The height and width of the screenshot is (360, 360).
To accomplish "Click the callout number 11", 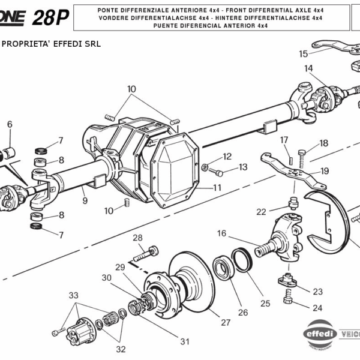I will (217, 187).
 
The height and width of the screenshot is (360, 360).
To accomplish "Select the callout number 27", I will (225, 322).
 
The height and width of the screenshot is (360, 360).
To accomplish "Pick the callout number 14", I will (308, 68).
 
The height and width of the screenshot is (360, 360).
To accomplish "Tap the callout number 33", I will (73, 295).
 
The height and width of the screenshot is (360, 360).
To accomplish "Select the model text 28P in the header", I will (50, 18).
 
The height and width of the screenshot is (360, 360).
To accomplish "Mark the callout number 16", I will (221, 233).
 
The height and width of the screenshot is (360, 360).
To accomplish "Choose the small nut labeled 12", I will (205, 167).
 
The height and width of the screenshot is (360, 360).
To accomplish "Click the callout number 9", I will (85, 201).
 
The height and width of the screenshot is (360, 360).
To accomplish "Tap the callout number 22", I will (261, 211).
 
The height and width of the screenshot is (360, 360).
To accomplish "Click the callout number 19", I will (325, 170).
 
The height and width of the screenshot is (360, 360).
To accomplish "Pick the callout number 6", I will (9, 124).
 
